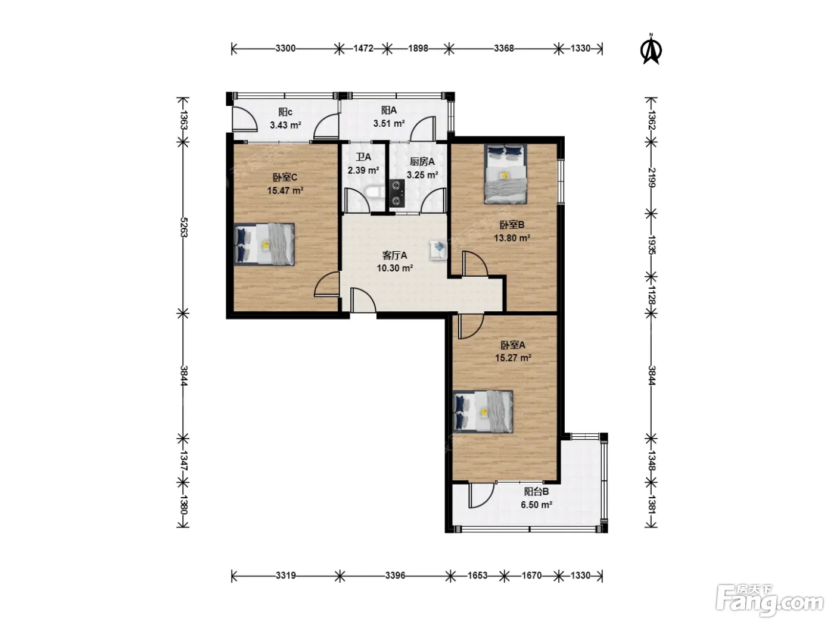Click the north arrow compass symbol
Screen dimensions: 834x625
point(651,49)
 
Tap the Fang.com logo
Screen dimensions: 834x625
point(769,601)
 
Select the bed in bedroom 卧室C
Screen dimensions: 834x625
point(264,244)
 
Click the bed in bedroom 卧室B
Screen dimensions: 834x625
point(506,174)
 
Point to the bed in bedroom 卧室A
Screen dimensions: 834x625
point(483,412)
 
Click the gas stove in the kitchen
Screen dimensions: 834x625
point(397,193)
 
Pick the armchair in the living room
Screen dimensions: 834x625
point(438,249)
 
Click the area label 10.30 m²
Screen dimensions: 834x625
point(395,268)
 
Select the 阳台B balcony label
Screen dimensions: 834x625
point(537,492)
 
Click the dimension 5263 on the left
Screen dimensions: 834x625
point(183,227)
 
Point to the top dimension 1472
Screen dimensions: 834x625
point(363,48)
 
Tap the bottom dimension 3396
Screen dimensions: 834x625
point(395,576)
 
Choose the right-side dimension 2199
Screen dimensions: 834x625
point(651,177)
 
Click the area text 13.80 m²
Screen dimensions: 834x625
point(512,238)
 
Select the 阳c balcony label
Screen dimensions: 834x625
point(285,112)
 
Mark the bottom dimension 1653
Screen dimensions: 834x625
point(478,576)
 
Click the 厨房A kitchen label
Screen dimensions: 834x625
point(422,162)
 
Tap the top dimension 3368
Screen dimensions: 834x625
point(504,48)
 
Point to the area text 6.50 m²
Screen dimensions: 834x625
point(537,505)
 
